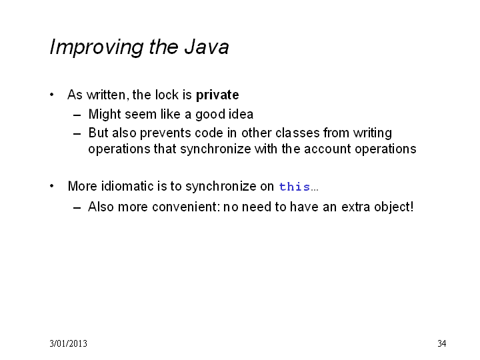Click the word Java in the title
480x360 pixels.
tap(206, 47)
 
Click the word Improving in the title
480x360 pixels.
tap(97, 48)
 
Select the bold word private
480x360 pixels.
tap(217, 95)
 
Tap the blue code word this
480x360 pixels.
tap(295, 187)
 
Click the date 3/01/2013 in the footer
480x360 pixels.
tap(68, 343)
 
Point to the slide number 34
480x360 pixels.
tap(442, 343)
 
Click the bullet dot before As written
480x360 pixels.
tap(52, 95)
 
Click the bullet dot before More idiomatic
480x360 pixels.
tap(52, 186)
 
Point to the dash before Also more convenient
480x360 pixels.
tap(77, 208)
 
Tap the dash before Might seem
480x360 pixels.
tap(77, 115)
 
